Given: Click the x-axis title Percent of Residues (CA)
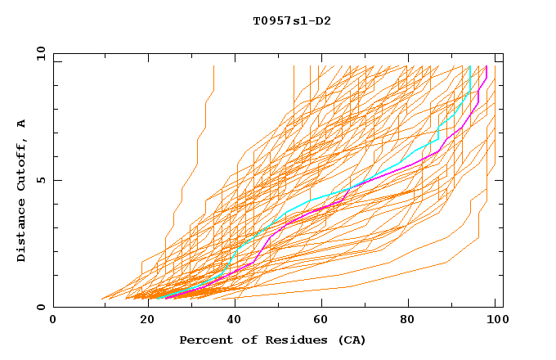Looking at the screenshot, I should pyautogui.click(x=272, y=340).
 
